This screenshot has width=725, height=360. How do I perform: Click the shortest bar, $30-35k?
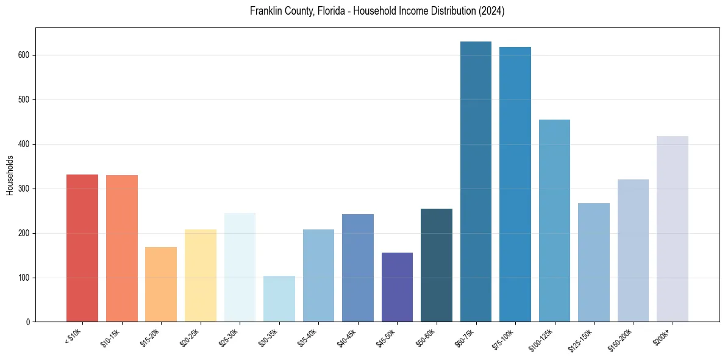tap(279, 299)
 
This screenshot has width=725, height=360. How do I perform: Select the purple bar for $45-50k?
tap(397, 287)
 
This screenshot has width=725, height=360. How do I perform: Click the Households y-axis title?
tap(10, 175)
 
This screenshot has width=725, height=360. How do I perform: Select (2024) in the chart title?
tap(491, 12)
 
